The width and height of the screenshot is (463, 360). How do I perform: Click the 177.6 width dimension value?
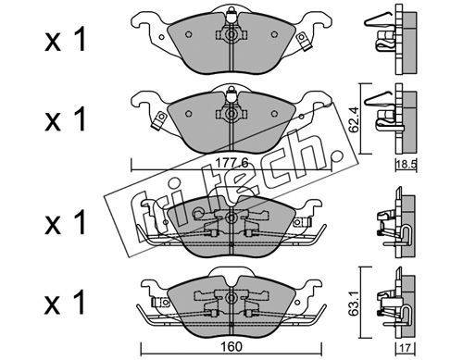pos(231,163)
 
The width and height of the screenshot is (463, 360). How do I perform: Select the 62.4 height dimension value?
pos(354,119)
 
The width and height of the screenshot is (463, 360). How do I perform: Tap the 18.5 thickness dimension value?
pos(407,165)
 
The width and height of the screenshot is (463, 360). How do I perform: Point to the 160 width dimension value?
pos(231,346)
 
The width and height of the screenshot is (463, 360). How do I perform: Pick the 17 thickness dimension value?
pos(407,348)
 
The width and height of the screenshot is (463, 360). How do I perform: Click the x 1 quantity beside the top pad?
pos(65,41)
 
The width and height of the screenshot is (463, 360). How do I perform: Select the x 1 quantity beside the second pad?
pos(65,119)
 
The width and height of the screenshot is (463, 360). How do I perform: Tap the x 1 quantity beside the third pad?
pos(65,223)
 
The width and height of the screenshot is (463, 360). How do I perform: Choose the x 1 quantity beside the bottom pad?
pos(65,303)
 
